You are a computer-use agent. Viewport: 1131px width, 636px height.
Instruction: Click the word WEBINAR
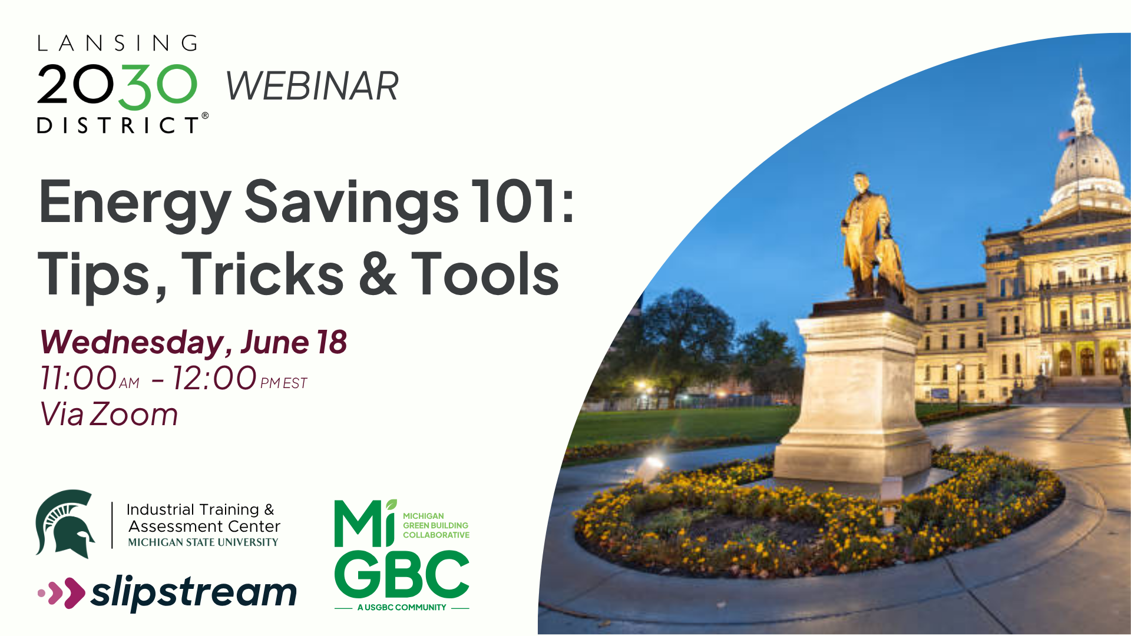click(x=312, y=86)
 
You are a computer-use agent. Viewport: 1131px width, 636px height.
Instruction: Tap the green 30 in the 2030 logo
click(x=161, y=87)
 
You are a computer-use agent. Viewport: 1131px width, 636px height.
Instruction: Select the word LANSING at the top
click(x=118, y=43)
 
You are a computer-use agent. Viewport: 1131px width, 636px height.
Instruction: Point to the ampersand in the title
click(x=377, y=273)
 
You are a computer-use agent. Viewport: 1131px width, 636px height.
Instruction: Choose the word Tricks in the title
click(x=263, y=273)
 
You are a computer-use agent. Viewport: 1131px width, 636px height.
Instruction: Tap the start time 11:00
click(x=78, y=378)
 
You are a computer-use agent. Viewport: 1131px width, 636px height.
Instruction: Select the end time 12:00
click(x=214, y=378)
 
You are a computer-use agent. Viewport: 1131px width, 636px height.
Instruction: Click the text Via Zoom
click(x=109, y=414)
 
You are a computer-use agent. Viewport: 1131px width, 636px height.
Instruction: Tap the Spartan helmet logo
click(x=65, y=524)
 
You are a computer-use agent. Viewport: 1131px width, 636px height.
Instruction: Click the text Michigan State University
click(x=203, y=542)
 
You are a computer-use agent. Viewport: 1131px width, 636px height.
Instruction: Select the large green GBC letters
click(x=402, y=574)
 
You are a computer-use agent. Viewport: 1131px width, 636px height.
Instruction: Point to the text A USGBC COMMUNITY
click(x=402, y=607)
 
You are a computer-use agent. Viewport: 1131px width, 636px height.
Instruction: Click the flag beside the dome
click(x=1067, y=135)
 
